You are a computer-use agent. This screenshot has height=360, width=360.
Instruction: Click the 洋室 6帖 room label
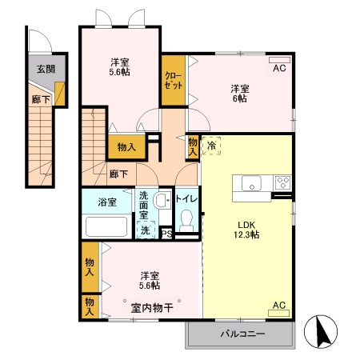tap(239, 93)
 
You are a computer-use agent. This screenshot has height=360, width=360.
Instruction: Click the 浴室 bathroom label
tap(107, 202)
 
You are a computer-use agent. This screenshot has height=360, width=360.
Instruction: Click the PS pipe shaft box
tap(166, 234)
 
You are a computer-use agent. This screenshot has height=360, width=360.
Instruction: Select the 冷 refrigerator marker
tap(212, 146)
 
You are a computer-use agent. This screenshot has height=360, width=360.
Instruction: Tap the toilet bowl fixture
tap(188, 220)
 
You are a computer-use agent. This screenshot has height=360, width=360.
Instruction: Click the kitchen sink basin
tap(250, 184)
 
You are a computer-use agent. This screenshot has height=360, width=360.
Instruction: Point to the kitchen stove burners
tap(282, 182)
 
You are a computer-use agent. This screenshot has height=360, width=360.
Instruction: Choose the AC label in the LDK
tap(279, 305)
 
